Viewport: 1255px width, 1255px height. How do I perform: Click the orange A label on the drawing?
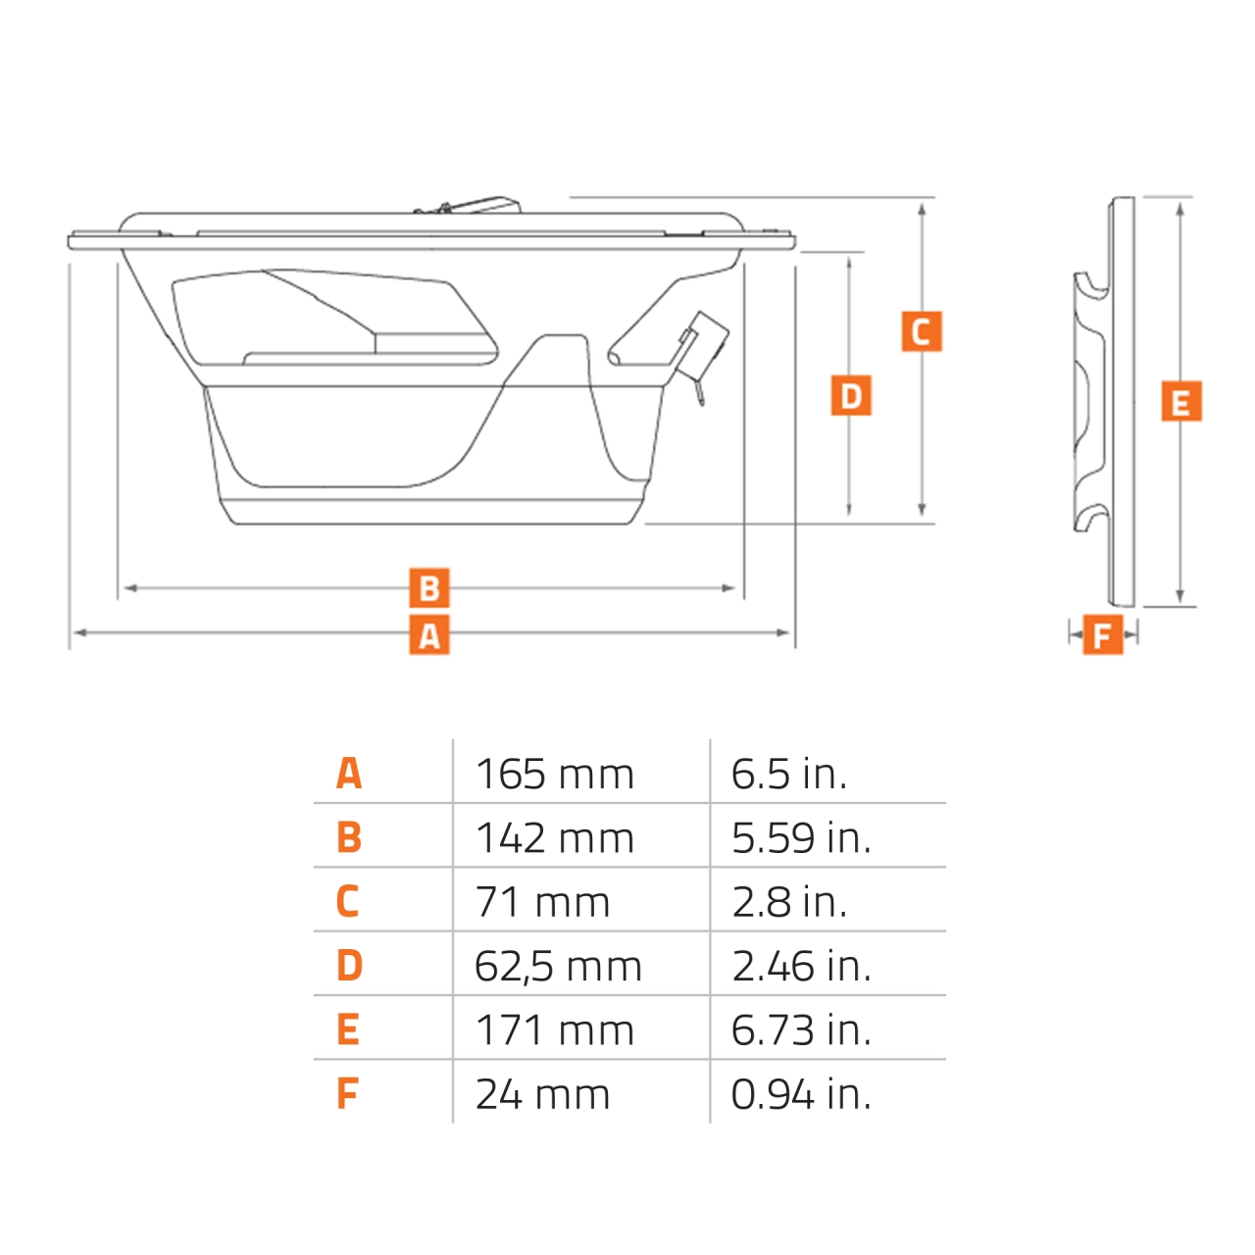tap(429, 635)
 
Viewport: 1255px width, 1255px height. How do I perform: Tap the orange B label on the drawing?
tap(429, 588)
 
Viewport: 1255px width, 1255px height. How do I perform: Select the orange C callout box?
tap(922, 331)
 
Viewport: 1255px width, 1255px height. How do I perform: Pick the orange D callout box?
tap(851, 395)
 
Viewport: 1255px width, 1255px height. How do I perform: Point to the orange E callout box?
tap(1180, 402)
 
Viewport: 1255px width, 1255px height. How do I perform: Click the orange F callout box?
tap(1103, 635)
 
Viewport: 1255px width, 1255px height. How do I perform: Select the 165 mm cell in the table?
tap(555, 774)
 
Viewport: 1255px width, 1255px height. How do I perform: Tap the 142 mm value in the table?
tap(555, 838)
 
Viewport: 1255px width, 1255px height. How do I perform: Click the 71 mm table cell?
tap(542, 902)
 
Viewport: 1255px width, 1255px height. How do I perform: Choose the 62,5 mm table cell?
tap(558, 967)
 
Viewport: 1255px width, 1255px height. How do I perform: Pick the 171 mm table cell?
tap(555, 1030)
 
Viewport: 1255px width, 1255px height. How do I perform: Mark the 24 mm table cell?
tap(542, 1094)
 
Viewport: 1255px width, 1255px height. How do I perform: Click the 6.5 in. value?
tap(789, 774)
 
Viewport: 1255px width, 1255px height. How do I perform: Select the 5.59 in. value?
tap(801, 838)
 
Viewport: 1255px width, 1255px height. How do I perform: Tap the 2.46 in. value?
tap(801, 967)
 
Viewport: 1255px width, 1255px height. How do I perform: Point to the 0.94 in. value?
tap(801, 1094)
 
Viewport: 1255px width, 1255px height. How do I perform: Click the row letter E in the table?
tap(348, 1030)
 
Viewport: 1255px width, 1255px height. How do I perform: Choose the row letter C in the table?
tap(348, 902)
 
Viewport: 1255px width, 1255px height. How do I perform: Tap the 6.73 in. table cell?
tap(801, 1030)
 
